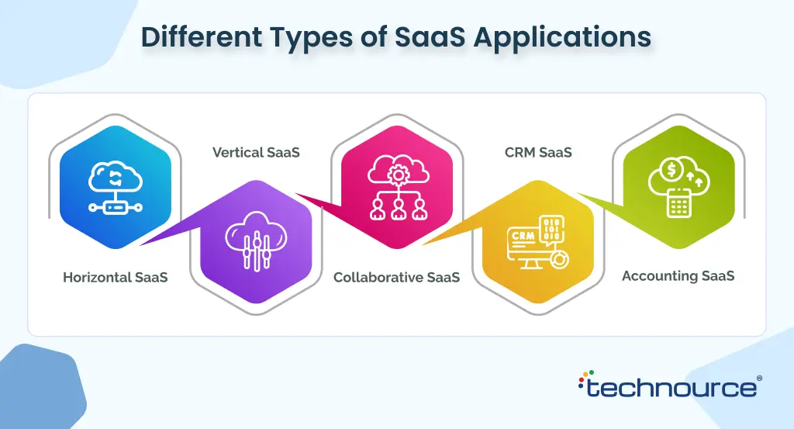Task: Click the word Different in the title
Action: [202, 36]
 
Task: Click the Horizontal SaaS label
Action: [116, 277]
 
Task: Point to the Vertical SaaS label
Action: [256, 153]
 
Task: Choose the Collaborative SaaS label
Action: [396, 277]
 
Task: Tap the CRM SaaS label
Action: [538, 153]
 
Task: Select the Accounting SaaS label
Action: [678, 276]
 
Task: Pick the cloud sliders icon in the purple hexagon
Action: [256, 241]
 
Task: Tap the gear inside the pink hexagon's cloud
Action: [398, 175]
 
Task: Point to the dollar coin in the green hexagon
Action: [671, 169]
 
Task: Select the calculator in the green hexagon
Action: [678, 202]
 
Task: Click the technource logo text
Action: [671, 389]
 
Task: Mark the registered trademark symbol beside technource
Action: [759, 379]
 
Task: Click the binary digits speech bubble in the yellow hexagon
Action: [552, 230]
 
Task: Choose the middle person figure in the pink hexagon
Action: [399, 209]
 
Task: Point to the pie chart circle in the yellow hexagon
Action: [559, 259]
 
